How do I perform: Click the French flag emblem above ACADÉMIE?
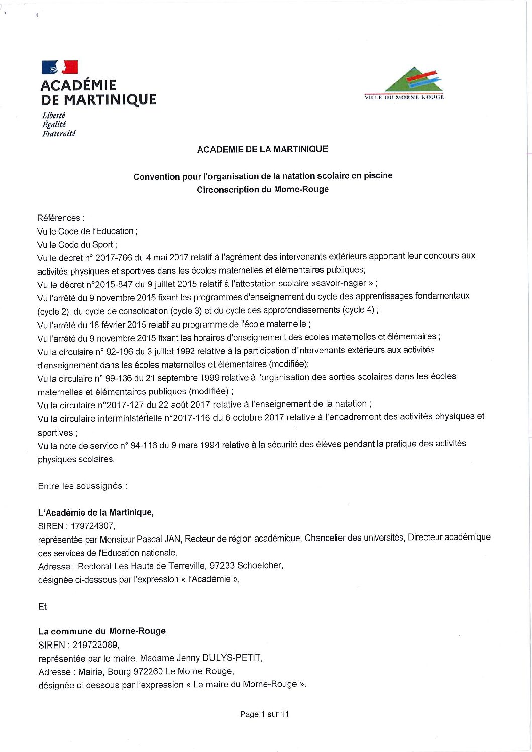point(59,67)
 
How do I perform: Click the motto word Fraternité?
point(59,134)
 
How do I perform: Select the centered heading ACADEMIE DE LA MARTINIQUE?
point(262,149)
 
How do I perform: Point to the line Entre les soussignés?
point(82,486)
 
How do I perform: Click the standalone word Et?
point(42,607)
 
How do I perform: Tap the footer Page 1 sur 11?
point(264,714)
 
